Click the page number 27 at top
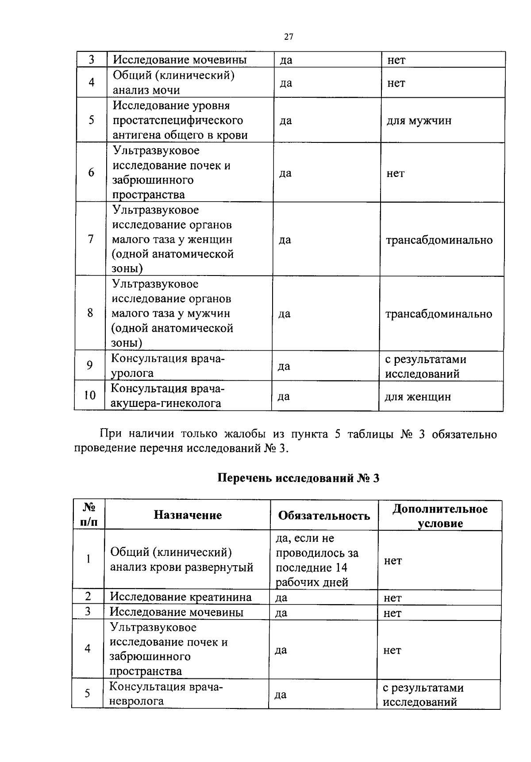[x=289, y=37]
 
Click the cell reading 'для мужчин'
[x=419, y=121]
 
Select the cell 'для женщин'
[x=417, y=397]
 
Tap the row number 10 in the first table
[x=90, y=395]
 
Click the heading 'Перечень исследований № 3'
[x=299, y=479]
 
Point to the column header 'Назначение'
[x=188, y=515]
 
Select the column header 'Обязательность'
[x=324, y=516]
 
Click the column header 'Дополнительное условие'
[x=440, y=516]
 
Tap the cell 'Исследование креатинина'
[x=181, y=597]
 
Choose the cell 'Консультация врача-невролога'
[x=166, y=693]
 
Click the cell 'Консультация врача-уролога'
[x=168, y=366]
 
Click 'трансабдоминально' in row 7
[x=439, y=240]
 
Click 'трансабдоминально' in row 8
[x=439, y=314]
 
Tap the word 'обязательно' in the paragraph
[x=464, y=435]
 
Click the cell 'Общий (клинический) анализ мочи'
[x=173, y=83]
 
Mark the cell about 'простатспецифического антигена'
[x=180, y=120]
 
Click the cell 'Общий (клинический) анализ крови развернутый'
[x=181, y=560]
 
